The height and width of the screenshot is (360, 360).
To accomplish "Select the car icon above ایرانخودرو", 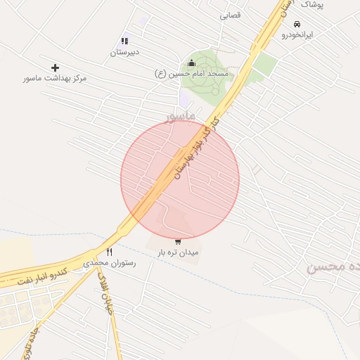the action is coord(297,24).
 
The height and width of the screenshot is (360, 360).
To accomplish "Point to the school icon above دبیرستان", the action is coord(124,41).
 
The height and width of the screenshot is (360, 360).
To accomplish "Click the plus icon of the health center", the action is coord(55,67).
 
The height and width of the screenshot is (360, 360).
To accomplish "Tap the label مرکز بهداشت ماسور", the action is coord(55,79).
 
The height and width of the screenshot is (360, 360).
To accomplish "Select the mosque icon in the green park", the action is coord(192,63).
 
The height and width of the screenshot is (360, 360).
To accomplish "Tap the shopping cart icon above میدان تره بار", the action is coord(178,242).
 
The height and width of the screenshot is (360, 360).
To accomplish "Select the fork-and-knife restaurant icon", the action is coord(109,252).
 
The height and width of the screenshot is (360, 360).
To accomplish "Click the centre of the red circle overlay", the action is coord(180,179).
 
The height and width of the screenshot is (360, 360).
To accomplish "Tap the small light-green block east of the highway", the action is coord(264,65).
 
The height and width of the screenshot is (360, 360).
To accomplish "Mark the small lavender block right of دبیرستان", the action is coord(143,22).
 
